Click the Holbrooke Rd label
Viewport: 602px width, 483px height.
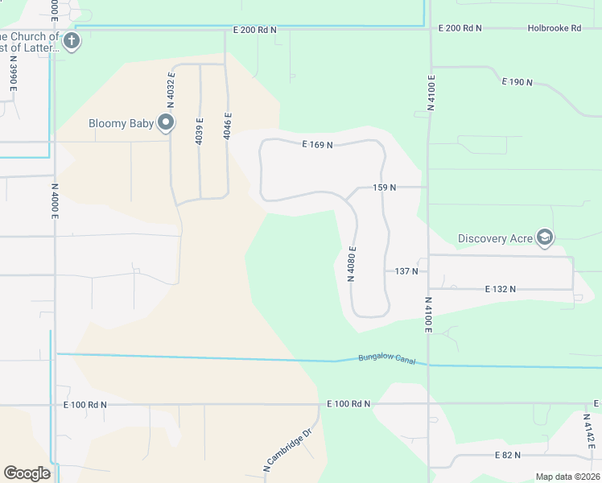pyautogui.click(x=554, y=28)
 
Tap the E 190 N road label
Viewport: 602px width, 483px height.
pyautogui.click(x=517, y=82)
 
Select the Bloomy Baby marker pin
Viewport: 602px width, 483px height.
pyautogui.click(x=167, y=122)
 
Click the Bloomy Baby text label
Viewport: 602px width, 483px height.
pyautogui.click(x=120, y=123)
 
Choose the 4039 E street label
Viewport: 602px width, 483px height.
pyautogui.click(x=199, y=131)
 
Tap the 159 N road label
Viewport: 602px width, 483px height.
pyautogui.click(x=385, y=188)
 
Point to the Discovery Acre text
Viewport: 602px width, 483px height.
pyautogui.click(x=495, y=238)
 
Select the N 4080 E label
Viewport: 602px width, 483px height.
pyautogui.click(x=352, y=264)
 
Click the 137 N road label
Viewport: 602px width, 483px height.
pyautogui.click(x=406, y=271)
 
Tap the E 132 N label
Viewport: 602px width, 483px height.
pyautogui.click(x=500, y=288)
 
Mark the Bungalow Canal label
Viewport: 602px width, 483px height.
pyautogui.click(x=386, y=359)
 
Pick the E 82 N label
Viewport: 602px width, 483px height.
pyautogui.click(x=508, y=456)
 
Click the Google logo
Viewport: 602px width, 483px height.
pyautogui.click(x=27, y=473)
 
